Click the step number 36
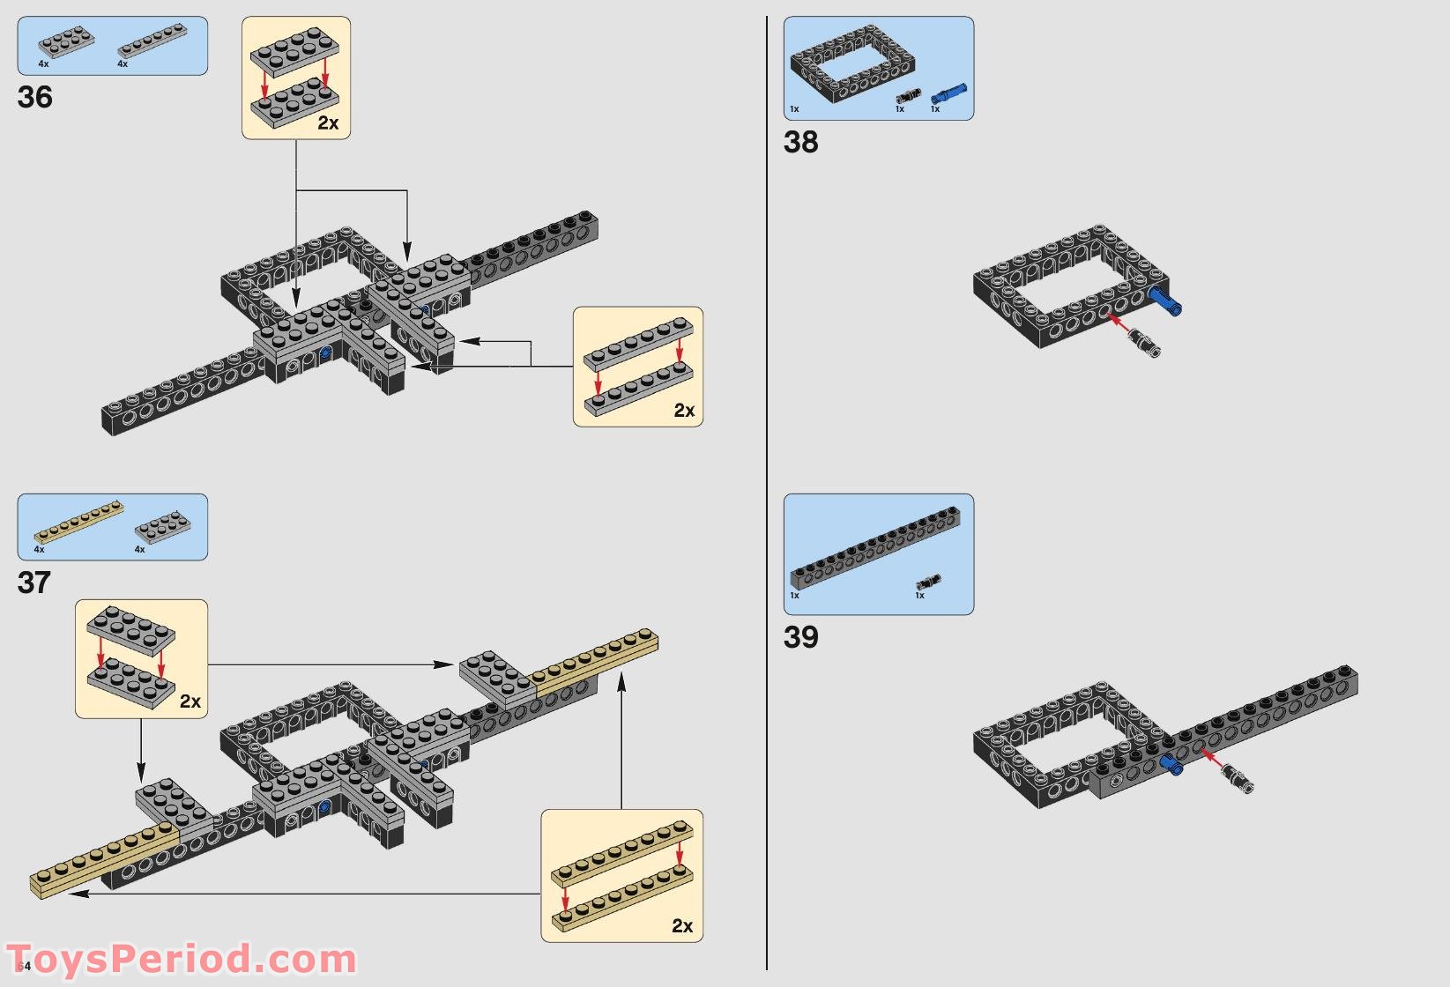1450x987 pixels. coord(35,97)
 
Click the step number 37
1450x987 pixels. coord(34,583)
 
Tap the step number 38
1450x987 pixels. coord(800,142)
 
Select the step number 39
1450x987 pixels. coord(800,637)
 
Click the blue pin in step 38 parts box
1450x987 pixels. coord(948,93)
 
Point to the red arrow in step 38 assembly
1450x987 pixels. coord(1119,323)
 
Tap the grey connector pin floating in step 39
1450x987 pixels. coord(1236,779)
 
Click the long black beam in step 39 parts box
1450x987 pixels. coord(875,548)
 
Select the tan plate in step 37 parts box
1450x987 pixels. coord(78,523)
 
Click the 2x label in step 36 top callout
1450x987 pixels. coord(328,123)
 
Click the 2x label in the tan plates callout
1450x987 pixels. coord(681,926)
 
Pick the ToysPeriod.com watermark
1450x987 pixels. coord(181,959)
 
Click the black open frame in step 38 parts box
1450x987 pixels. coord(851,64)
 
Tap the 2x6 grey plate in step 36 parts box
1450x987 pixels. coord(66,41)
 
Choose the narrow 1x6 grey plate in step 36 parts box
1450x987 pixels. coord(152,41)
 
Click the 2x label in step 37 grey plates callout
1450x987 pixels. coord(190,701)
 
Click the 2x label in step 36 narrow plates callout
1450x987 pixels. coord(684,411)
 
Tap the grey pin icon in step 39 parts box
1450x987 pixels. coord(928,582)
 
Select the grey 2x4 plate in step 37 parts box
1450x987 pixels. coord(163,527)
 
